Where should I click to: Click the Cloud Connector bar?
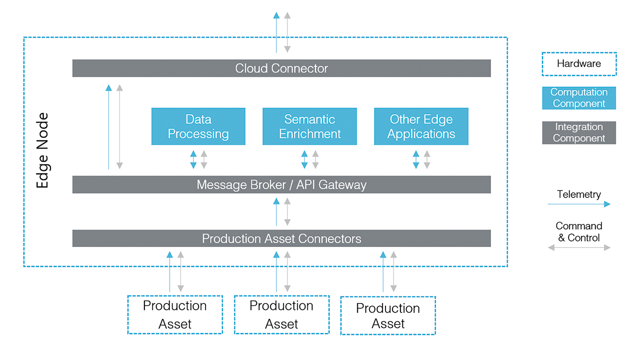pyautogui.click(x=281, y=68)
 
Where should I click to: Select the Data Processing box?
pyautogui.click(x=198, y=126)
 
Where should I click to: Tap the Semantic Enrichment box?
pyautogui.click(x=310, y=126)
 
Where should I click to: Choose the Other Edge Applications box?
pyautogui.click(x=421, y=126)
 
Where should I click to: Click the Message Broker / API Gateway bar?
pyautogui.click(x=281, y=184)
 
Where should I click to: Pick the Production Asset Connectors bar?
pyautogui.click(x=281, y=238)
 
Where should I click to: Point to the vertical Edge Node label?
pyautogui.click(x=43, y=150)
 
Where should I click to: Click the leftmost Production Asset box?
pyautogui.click(x=174, y=314)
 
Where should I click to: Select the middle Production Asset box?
pyautogui.click(x=281, y=314)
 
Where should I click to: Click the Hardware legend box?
pyautogui.click(x=579, y=64)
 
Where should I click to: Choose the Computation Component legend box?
pyautogui.click(x=579, y=98)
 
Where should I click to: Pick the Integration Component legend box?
pyautogui.click(x=579, y=132)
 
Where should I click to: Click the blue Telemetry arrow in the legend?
pyautogui.click(x=579, y=204)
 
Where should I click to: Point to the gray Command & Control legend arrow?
pyautogui.click(x=579, y=247)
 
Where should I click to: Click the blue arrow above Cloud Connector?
pyautogui.click(x=276, y=32)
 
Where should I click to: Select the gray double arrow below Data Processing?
pyautogui.click(x=204, y=159)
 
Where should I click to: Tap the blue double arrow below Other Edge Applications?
pyautogui.click(x=415, y=159)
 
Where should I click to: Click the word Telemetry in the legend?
pyautogui.click(x=579, y=194)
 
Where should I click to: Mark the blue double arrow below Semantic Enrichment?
pyautogui.click(x=304, y=159)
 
